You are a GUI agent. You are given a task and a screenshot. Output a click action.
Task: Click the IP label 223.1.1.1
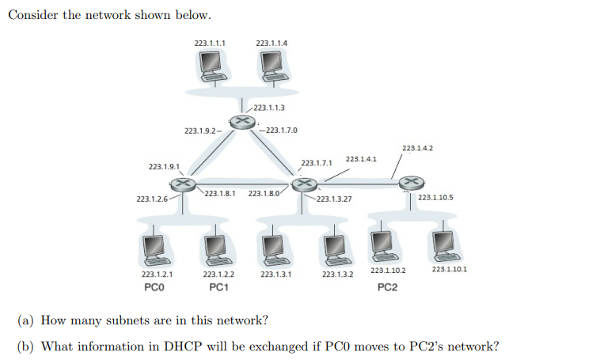(210, 42)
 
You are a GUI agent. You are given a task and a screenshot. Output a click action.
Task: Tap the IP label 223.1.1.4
(271, 42)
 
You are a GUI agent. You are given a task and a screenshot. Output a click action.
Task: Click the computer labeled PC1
(214, 248)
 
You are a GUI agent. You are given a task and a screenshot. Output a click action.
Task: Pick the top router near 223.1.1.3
(241, 121)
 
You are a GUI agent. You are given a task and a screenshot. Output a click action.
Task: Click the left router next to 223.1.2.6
(183, 184)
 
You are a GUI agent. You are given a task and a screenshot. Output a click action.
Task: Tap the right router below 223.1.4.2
(410, 183)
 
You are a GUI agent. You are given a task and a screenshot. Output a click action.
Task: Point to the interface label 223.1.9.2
(199, 130)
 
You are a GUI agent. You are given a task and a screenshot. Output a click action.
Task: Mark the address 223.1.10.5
(435, 197)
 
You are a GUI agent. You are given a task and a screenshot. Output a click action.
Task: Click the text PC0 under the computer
(154, 287)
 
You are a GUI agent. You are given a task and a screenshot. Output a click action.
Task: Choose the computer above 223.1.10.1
(444, 246)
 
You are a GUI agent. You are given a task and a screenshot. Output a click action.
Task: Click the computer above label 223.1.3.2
(333, 248)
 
